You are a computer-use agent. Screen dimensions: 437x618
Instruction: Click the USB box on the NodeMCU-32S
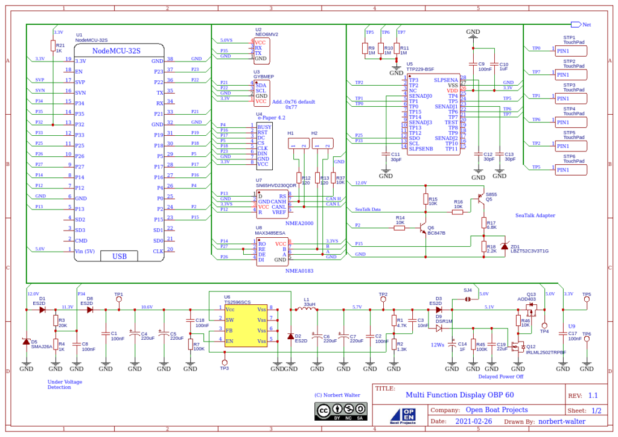(119, 257)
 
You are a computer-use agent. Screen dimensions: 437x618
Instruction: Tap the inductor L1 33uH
(307, 310)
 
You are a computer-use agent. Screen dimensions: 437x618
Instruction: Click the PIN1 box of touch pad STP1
(570, 51)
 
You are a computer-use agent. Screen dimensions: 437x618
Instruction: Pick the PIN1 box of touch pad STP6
(570, 170)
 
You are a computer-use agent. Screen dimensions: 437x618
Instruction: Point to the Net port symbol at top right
(575, 25)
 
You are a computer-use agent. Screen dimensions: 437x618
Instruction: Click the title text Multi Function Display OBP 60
(460, 395)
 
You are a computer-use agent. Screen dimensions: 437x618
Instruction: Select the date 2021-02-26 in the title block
(473, 421)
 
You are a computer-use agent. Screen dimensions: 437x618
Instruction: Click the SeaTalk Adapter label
(535, 215)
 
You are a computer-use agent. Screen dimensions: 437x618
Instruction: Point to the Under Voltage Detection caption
(65, 384)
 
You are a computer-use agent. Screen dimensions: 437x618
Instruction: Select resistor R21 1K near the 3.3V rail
(54, 46)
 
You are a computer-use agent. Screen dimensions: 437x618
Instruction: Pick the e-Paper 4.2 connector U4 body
(264, 146)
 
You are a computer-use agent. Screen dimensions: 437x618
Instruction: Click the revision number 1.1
(593, 396)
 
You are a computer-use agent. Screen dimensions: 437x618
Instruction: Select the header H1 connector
(296, 144)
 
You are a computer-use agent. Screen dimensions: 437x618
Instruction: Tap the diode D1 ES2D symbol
(42, 310)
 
